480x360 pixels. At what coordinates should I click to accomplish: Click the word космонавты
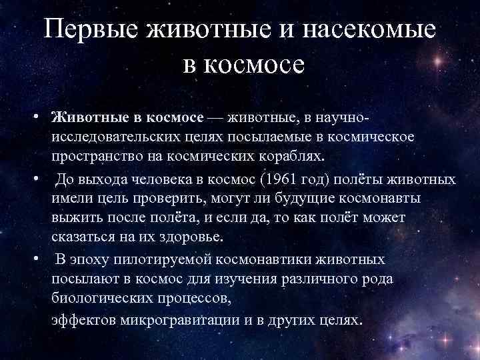pyautogui.click(x=369, y=199)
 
